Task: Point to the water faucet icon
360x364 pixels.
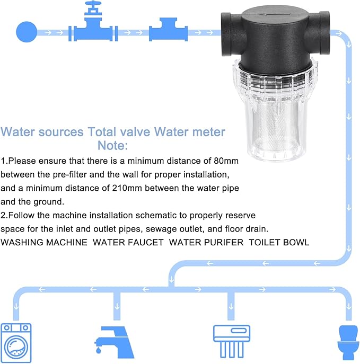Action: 115,339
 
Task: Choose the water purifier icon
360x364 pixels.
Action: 231,339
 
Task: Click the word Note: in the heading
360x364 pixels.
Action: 112,145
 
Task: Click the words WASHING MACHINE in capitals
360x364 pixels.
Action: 44,242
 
